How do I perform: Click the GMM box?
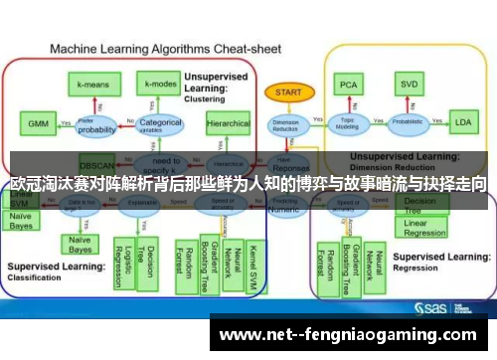[x=37, y=123]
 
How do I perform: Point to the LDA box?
[x=462, y=123]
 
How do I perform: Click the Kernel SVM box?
[x=254, y=260]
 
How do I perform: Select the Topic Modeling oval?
[x=348, y=124]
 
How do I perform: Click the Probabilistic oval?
[x=408, y=124]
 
